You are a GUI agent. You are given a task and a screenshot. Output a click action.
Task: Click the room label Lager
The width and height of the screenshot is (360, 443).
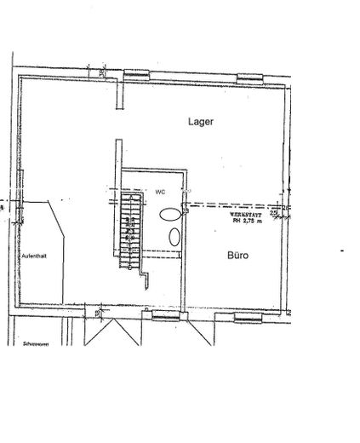pyautogui.click(x=200, y=122)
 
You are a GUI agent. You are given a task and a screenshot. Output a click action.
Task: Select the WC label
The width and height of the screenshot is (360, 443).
pyautogui.click(x=159, y=192)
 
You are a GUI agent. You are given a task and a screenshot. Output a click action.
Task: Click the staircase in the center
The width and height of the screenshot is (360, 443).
pyautogui.click(x=130, y=229)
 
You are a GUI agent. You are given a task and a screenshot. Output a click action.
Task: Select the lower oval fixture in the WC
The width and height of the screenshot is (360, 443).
pyautogui.click(x=174, y=236)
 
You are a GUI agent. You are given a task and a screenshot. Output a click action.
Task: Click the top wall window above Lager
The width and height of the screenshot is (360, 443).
pyautogui.click(x=250, y=78)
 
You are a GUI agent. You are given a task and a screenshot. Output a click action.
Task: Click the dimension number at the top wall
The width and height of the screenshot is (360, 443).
pyautogui.click(x=100, y=72)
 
